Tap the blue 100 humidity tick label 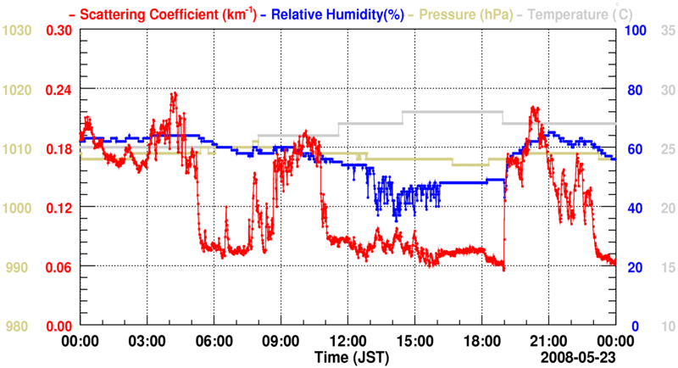pos(635,31)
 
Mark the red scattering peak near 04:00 pos(174,94)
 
